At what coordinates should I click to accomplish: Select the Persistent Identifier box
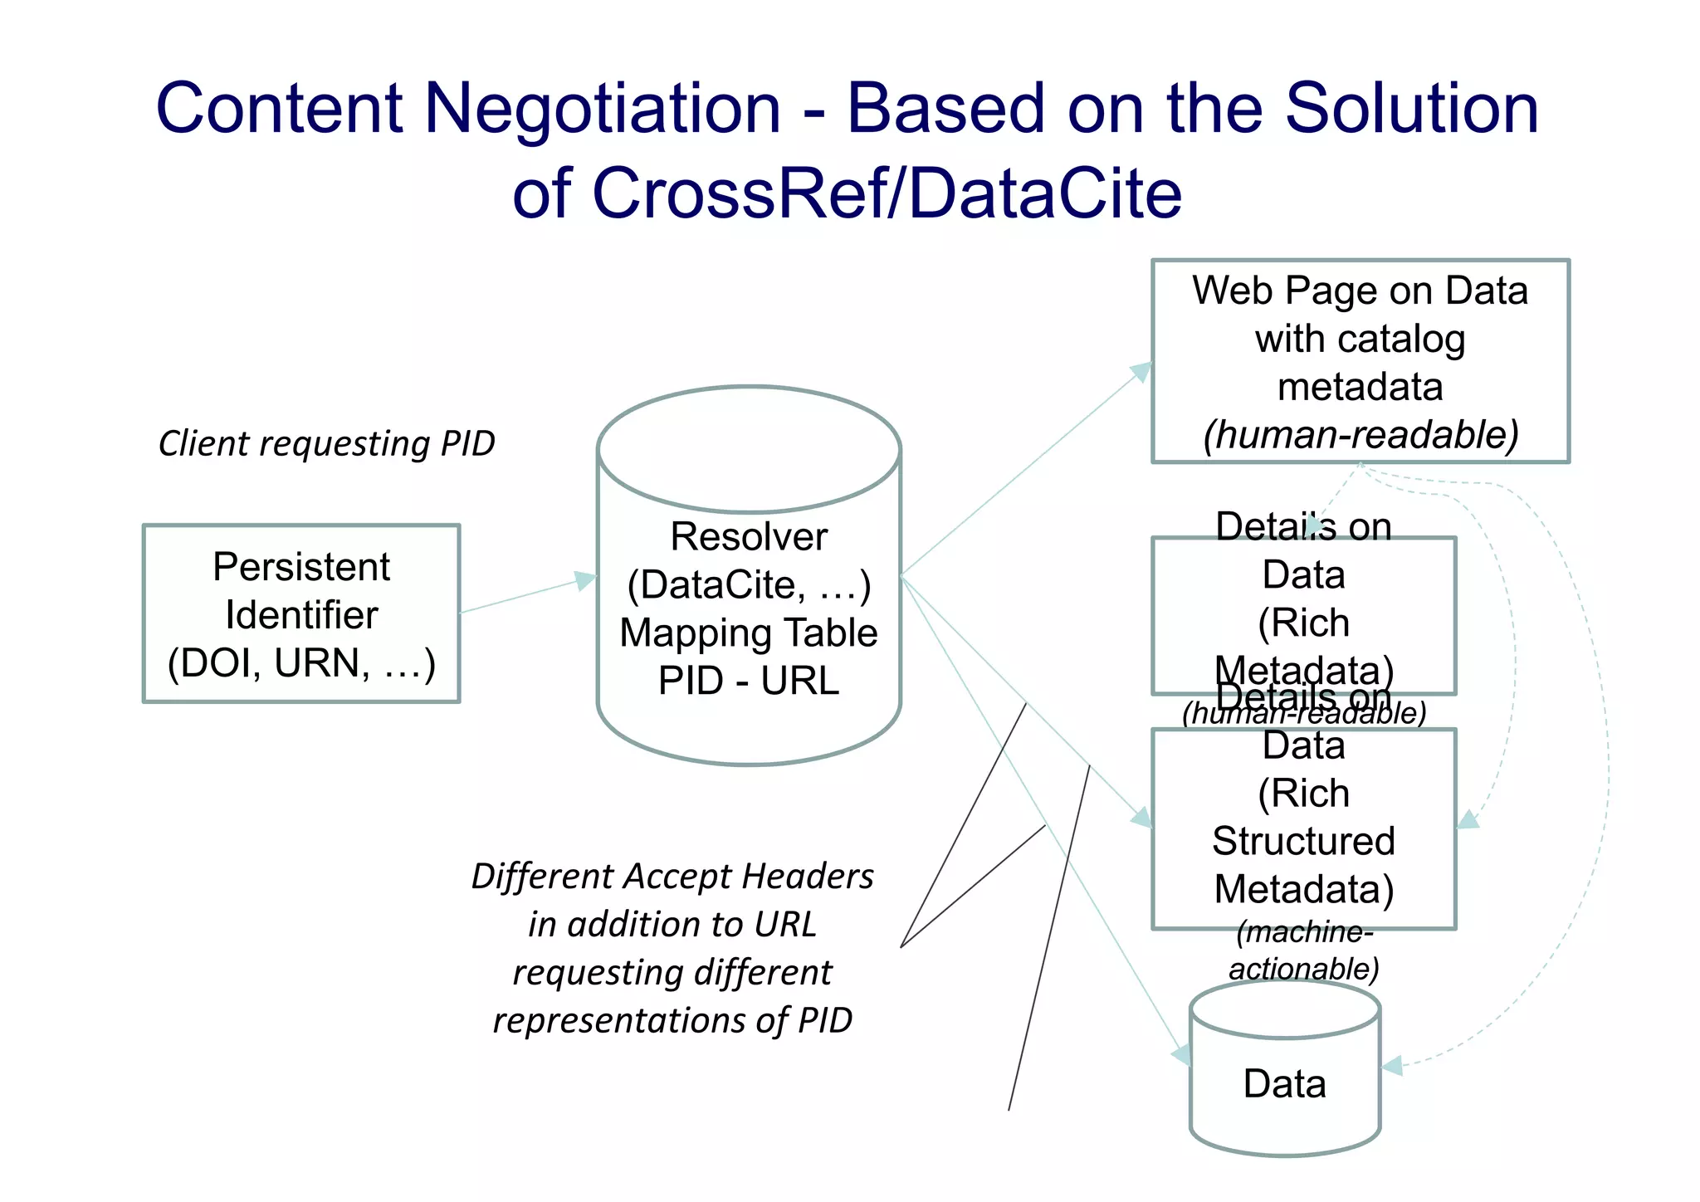pos(301,613)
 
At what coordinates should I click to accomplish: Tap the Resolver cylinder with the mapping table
pos(749,574)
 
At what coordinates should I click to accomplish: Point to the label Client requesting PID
pos(326,443)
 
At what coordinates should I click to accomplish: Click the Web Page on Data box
pos(1360,360)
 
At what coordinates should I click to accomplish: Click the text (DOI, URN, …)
pos(301,663)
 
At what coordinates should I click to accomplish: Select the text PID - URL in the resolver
pos(749,682)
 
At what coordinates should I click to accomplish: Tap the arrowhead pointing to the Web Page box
pos(1142,371)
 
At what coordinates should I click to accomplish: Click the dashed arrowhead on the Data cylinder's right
pos(1392,1066)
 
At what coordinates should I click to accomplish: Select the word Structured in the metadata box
pos(1303,841)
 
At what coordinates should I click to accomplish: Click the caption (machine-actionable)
pos(1304,950)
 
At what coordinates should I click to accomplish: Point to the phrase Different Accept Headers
pos(672,877)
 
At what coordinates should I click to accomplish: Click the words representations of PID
pos(672,1020)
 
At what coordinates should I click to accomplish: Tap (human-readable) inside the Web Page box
pos(1360,435)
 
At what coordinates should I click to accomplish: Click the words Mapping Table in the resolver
pos(749,633)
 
